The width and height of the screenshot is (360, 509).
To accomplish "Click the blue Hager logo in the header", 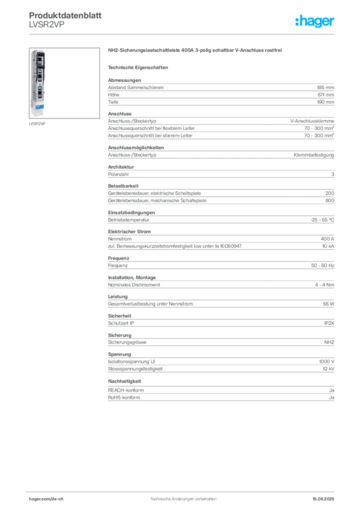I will click(315, 22).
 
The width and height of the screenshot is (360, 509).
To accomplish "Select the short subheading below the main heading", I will click(139, 67).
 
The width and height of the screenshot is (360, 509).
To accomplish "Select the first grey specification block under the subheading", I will click(221, 91).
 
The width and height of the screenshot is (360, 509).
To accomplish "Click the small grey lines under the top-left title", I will click(46, 28).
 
